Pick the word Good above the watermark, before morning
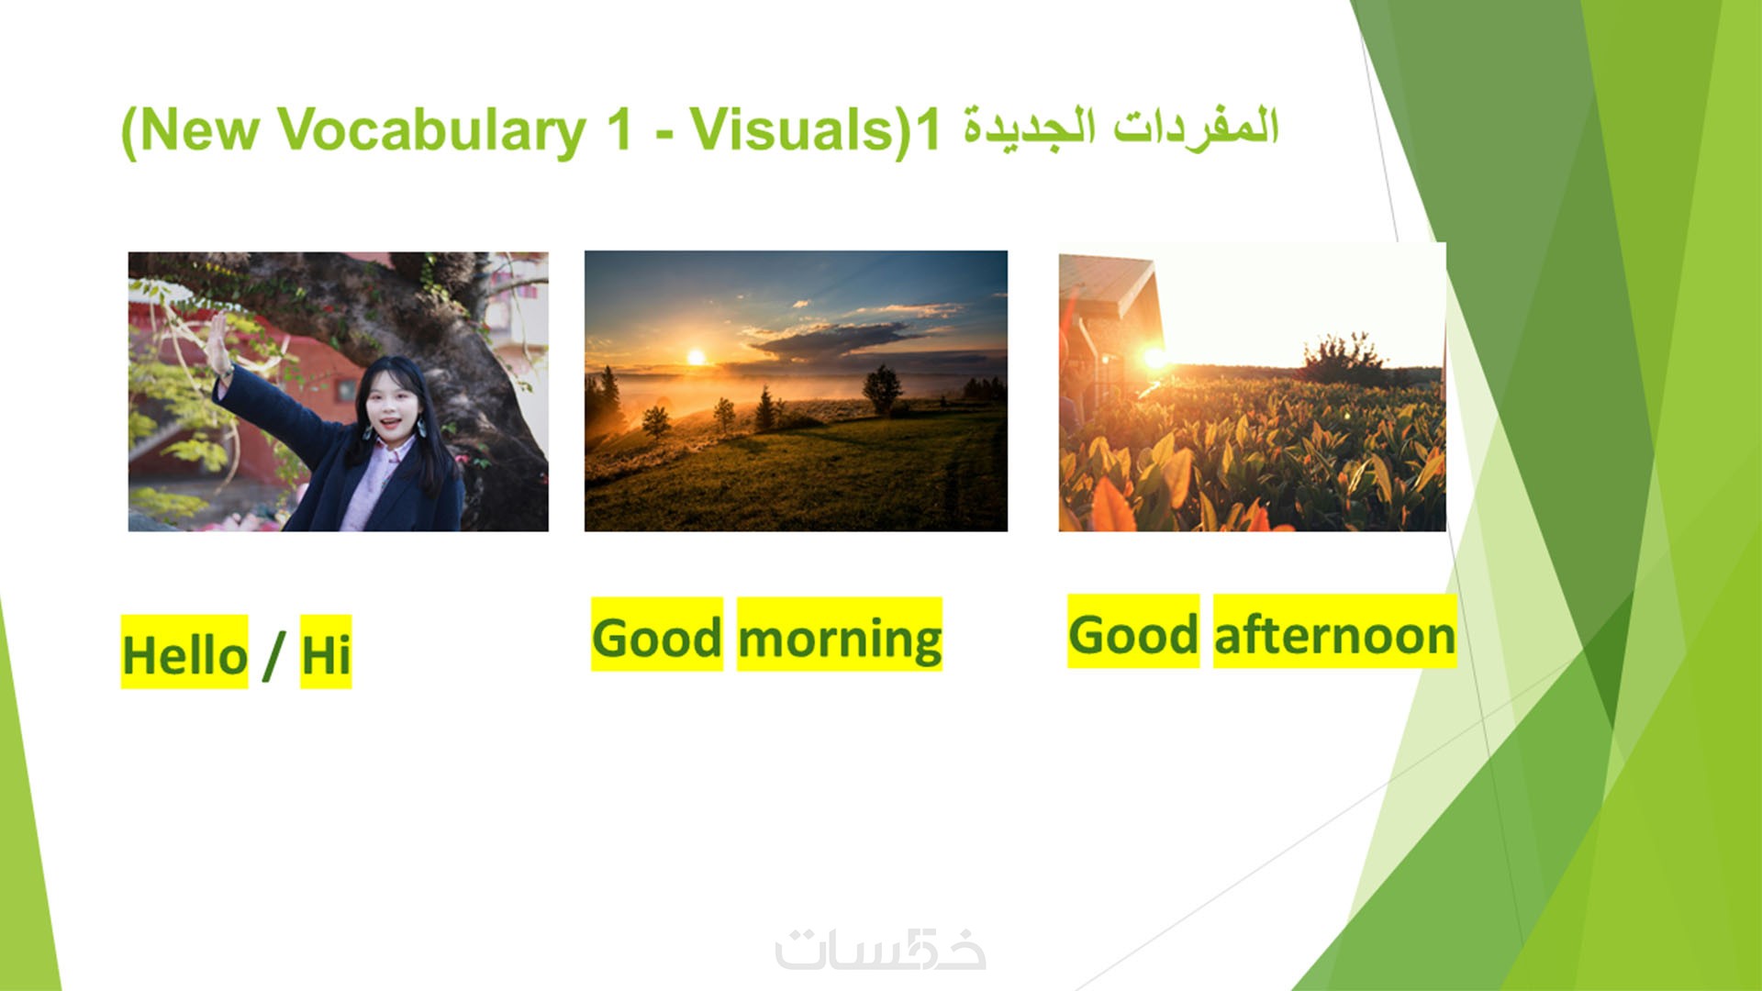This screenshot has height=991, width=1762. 657,637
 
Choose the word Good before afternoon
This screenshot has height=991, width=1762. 1133,634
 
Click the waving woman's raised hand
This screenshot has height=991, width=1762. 218,344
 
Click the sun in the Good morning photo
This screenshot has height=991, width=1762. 696,357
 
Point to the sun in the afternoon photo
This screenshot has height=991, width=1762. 1154,357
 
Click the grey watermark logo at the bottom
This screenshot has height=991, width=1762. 880,949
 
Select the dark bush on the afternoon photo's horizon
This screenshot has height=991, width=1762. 1344,358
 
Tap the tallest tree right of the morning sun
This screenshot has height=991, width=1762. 882,389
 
